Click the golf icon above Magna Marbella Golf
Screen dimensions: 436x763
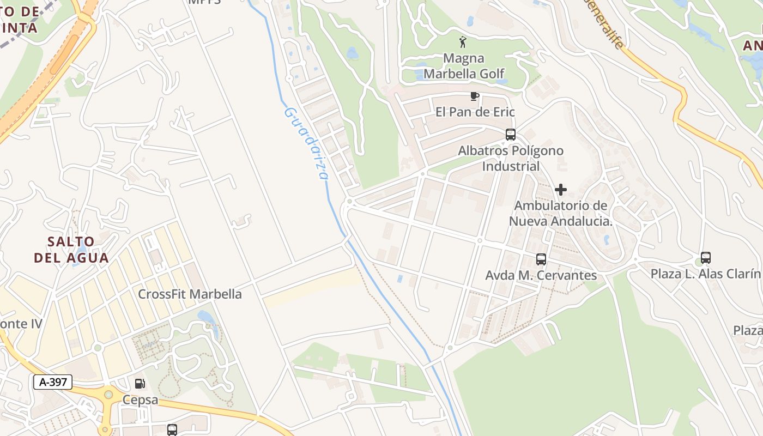(463, 41)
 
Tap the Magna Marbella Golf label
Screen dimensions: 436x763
(464, 66)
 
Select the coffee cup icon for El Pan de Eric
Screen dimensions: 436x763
(475, 96)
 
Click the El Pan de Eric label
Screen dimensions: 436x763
(475, 112)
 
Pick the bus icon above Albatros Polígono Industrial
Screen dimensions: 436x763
(511, 134)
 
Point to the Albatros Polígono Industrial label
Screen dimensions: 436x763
(511, 158)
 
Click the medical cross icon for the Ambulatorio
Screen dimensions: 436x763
(561, 190)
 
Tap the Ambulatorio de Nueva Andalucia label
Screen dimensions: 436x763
(561, 213)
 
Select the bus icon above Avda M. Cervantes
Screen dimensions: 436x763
(541, 259)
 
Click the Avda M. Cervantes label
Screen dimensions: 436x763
(541, 275)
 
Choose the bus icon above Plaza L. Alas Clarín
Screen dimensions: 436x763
(706, 257)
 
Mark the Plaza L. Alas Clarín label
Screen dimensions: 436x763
(705, 274)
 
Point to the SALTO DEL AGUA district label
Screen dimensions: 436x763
(71, 249)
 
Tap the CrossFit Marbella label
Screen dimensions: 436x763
(190, 294)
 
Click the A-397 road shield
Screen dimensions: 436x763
(53, 382)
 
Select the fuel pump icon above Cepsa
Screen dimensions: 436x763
(140, 384)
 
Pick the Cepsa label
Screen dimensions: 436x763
(140, 400)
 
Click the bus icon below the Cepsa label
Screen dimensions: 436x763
(172, 429)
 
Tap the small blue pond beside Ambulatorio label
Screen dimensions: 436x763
(607, 240)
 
